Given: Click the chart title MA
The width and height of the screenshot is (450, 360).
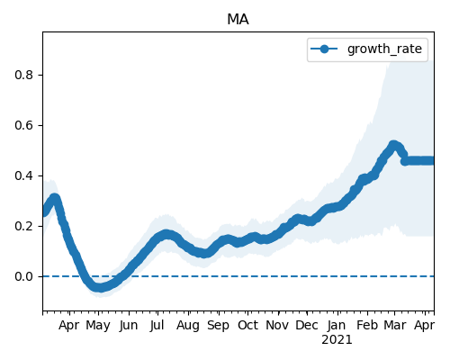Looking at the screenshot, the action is (x=238, y=20).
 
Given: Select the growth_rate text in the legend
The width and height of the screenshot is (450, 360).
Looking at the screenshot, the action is (x=384, y=49).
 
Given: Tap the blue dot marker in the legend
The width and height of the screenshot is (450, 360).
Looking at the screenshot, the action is (x=324, y=49).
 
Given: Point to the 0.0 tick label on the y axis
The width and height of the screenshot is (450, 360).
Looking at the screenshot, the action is (x=23, y=276).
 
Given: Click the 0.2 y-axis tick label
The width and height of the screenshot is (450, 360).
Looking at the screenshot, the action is (x=23, y=226).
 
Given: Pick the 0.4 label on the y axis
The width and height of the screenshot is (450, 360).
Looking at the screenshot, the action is (x=23, y=175).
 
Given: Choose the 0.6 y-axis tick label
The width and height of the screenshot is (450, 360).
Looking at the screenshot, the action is (x=23, y=125).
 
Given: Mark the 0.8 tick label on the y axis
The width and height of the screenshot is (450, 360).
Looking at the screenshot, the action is (x=23, y=75).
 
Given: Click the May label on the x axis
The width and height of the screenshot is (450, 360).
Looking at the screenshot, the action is (x=98, y=326).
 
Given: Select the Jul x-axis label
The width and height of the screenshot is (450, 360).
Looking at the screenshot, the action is (x=157, y=325).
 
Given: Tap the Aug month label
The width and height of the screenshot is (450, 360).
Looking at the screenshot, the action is (x=188, y=326).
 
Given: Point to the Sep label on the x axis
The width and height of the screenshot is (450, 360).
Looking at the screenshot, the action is (x=219, y=326).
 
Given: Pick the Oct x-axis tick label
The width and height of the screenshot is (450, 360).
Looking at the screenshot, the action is (x=247, y=325).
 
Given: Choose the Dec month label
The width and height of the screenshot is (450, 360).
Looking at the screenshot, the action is (x=307, y=325).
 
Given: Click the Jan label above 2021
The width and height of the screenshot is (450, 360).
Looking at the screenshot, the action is (x=337, y=325).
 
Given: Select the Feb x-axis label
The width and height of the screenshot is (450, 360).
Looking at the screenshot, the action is (x=367, y=325).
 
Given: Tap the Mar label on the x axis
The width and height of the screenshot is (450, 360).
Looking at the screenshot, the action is (x=395, y=325).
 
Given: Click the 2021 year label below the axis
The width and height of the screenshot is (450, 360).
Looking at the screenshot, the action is (x=337, y=340).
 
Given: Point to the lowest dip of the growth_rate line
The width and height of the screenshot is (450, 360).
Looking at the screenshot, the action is (x=100, y=287).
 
